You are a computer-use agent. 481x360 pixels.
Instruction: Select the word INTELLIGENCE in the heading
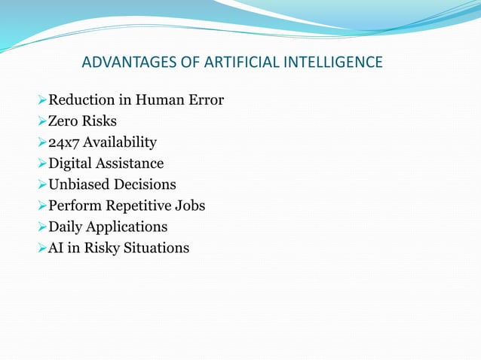click(331, 61)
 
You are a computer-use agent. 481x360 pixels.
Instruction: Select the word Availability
click(120, 142)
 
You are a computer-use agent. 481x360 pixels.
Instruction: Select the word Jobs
click(189, 205)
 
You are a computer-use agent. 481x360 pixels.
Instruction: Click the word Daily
click(66, 226)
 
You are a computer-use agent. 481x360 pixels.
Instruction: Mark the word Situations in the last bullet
click(158, 247)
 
